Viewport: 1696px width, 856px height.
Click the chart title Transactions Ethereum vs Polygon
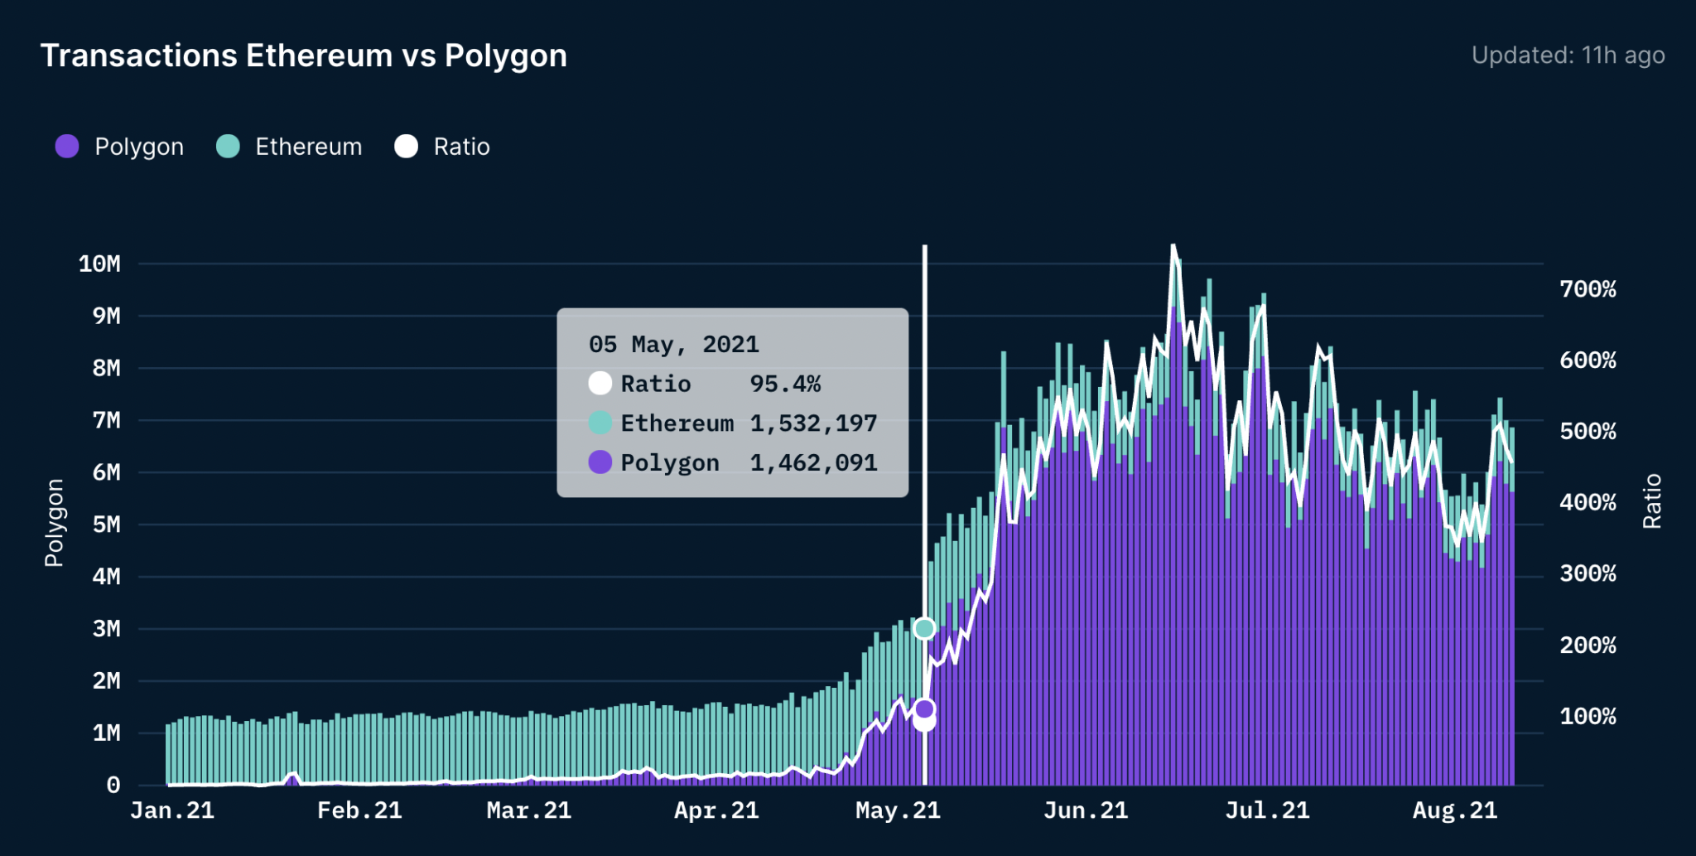click(x=303, y=56)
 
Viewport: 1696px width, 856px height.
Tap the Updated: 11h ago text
click(x=1568, y=56)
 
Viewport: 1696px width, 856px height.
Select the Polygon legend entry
click(x=120, y=147)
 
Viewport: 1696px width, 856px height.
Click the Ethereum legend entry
click(x=290, y=147)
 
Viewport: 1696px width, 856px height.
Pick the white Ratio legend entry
click(x=443, y=147)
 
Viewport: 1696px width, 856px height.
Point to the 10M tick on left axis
click(x=99, y=264)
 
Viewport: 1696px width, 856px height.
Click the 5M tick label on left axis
click(x=106, y=525)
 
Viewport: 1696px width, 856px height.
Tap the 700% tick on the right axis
click(x=1588, y=289)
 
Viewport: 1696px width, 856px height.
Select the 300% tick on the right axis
click(x=1588, y=573)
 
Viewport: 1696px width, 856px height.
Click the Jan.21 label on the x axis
click(x=172, y=810)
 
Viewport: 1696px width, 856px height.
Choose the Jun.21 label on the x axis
click(x=1086, y=810)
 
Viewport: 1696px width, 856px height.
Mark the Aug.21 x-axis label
click(x=1455, y=810)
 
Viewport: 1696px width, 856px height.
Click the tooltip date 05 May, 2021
click(x=673, y=344)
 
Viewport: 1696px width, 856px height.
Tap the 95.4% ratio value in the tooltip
click(x=785, y=384)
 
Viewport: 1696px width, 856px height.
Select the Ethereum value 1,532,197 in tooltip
click(x=813, y=423)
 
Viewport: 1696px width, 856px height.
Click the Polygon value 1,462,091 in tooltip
click(x=813, y=462)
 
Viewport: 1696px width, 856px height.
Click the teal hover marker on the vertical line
click(x=924, y=629)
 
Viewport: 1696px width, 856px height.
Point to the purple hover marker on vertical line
click(x=925, y=708)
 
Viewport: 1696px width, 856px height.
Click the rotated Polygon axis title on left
click(x=55, y=523)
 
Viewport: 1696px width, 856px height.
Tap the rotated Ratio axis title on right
click(x=1652, y=501)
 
